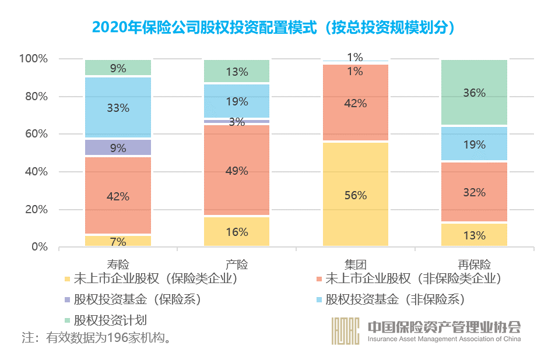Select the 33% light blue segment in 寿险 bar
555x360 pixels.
coord(118,108)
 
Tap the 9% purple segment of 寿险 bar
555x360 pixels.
coord(118,147)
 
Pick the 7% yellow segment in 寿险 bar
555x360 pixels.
coord(118,241)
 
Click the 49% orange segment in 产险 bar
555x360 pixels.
coord(237,171)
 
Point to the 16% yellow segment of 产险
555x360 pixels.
coord(237,232)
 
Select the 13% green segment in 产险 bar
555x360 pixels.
coord(237,71)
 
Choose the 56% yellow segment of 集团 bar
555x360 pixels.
coord(356,195)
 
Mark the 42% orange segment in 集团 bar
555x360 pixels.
coord(356,103)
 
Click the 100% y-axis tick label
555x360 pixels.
coord(33,59)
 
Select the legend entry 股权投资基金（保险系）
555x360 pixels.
coord(137,300)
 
